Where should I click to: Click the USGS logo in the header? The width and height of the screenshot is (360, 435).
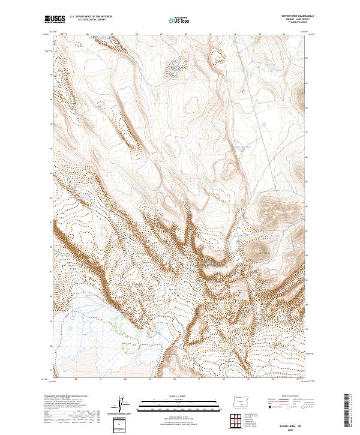point(55,20)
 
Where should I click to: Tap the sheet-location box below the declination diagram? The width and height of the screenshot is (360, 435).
point(122,424)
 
